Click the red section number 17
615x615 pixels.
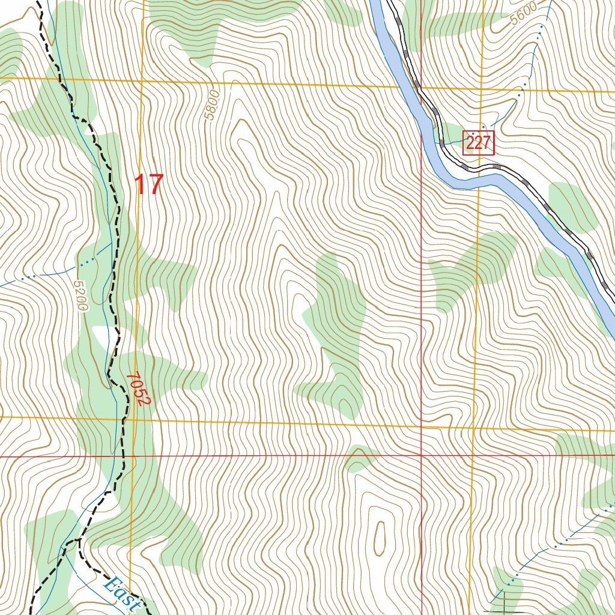click(x=148, y=185)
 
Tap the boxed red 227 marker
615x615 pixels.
click(x=478, y=142)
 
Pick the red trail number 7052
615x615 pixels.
click(x=136, y=389)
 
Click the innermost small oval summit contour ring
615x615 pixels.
click(x=380, y=537)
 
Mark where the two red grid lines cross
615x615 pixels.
click(x=422, y=456)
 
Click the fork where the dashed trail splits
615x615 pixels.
click(x=78, y=541)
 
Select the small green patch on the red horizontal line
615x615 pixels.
click(x=360, y=458)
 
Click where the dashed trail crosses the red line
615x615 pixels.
click(x=123, y=456)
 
